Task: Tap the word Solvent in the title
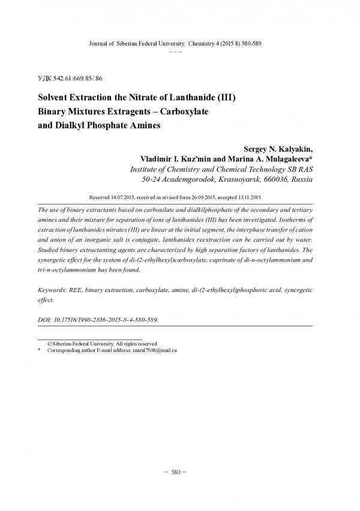[55, 96]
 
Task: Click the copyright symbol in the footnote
[41, 343]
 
